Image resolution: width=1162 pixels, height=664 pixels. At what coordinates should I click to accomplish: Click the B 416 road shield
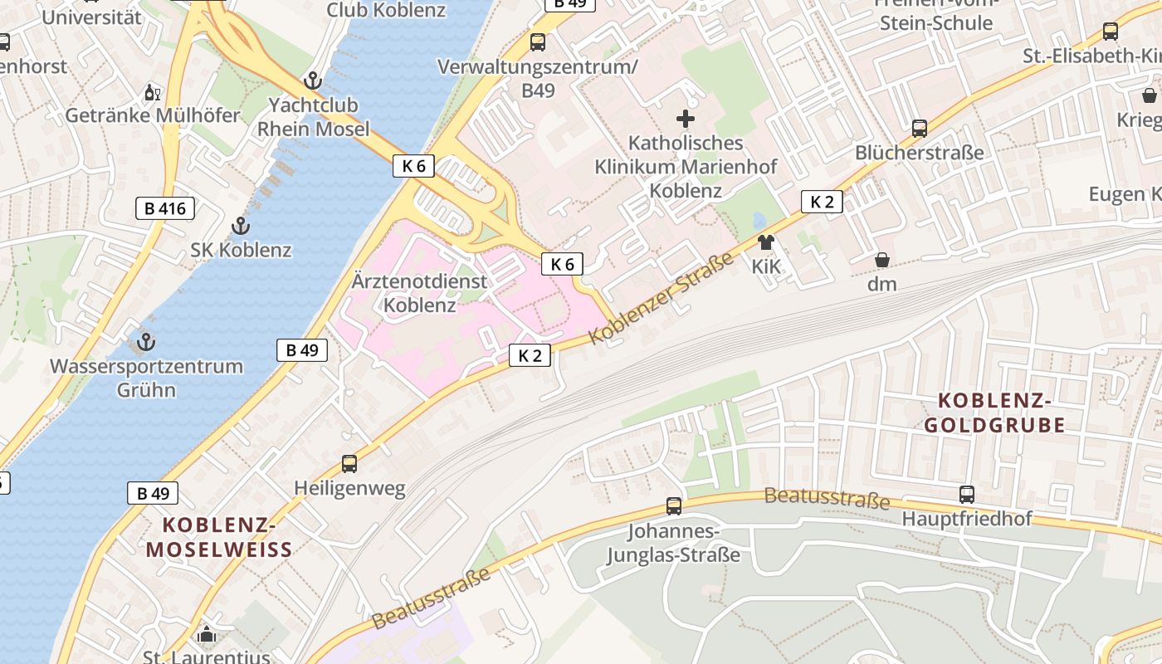tap(165, 208)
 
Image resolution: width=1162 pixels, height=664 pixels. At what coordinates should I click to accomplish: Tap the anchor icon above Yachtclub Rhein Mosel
tap(313, 81)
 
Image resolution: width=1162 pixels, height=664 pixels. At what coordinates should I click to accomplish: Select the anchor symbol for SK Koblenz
tap(240, 225)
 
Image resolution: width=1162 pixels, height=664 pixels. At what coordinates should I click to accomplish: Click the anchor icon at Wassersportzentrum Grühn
tap(146, 341)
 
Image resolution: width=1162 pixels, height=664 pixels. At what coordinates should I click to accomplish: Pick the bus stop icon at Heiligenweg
tap(349, 464)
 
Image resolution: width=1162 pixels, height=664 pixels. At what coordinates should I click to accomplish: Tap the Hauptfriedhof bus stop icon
tap(967, 495)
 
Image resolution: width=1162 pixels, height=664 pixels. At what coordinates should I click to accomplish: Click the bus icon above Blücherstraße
tap(920, 129)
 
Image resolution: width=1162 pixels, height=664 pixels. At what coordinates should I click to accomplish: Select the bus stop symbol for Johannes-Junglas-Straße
tap(674, 505)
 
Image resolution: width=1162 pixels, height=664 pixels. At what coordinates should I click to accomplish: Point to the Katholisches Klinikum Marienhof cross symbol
tap(686, 119)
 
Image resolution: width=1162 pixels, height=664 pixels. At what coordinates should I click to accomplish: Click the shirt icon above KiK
tap(765, 242)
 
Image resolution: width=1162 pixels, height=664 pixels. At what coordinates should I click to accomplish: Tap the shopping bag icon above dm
tap(882, 260)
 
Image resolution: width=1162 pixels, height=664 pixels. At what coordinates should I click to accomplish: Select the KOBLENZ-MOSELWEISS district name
tap(219, 537)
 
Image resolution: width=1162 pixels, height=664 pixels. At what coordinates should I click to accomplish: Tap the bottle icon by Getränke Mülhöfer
tap(152, 92)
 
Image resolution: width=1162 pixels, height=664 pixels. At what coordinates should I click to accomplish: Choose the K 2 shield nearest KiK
tap(822, 202)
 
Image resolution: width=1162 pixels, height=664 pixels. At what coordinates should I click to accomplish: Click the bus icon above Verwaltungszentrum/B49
tap(538, 41)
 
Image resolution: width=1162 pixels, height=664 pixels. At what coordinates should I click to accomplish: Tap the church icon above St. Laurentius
tap(207, 636)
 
